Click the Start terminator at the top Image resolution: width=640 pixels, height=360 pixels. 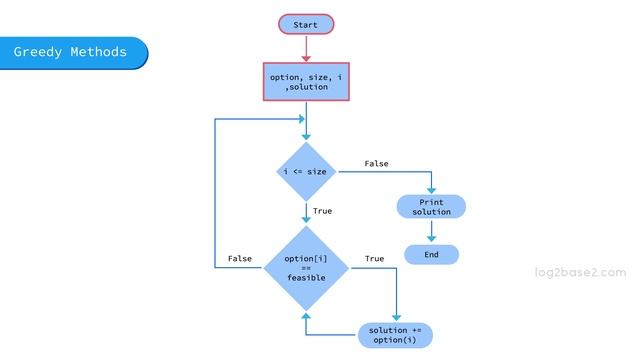(306, 24)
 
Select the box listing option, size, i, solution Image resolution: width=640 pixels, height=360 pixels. (306, 81)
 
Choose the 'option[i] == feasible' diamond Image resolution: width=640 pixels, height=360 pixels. (305, 267)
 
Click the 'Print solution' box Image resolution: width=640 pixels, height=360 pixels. (431, 207)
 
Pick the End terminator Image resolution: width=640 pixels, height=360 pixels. (431, 255)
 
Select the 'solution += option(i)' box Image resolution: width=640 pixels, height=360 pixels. (395, 335)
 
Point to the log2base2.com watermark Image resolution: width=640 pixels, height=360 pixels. (580, 272)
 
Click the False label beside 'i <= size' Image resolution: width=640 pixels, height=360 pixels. (376, 163)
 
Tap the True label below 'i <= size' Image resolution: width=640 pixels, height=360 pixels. (322, 211)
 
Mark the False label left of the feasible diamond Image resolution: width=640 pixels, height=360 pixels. (240, 259)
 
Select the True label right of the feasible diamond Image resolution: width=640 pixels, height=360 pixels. (374, 259)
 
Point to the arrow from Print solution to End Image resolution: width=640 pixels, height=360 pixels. (431, 231)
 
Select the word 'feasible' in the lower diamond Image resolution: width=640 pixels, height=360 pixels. (305, 277)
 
